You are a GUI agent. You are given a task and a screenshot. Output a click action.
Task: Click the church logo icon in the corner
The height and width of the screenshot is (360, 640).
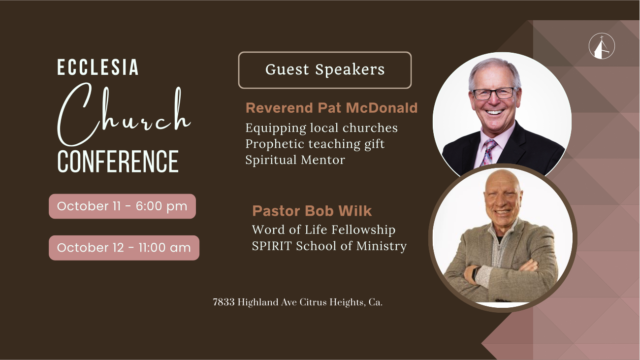(602, 46)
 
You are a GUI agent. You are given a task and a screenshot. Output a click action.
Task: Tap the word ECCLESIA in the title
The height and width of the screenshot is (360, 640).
(97, 67)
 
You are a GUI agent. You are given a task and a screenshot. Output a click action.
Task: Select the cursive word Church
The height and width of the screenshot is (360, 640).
(124, 114)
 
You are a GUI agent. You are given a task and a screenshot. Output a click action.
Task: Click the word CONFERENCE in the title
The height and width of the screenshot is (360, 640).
(118, 162)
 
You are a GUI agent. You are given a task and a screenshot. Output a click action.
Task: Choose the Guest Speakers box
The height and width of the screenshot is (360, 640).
(325, 70)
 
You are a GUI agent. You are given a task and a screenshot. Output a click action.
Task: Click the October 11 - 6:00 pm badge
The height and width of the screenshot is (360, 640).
(122, 206)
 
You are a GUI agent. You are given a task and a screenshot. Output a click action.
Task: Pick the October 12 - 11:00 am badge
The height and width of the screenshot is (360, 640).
(124, 248)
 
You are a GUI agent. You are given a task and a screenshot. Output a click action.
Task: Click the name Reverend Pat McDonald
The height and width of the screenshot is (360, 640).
(331, 108)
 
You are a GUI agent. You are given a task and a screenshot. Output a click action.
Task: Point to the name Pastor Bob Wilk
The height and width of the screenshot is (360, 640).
(312, 211)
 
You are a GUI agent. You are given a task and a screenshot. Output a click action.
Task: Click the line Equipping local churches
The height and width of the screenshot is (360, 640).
(321, 128)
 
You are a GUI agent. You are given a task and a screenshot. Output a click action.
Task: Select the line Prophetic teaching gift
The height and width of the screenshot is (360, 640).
(315, 144)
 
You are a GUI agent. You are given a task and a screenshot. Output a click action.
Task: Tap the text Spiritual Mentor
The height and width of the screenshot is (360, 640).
(295, 160)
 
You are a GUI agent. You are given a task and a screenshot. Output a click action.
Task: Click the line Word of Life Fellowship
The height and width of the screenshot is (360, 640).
(324, 229)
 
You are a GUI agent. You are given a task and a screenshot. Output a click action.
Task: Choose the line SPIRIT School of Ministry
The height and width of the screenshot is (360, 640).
(329, 246)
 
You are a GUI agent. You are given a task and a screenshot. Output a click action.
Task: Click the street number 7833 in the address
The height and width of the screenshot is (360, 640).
(224, 302)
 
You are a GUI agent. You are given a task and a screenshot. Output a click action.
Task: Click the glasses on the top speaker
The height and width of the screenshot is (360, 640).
(494, 94)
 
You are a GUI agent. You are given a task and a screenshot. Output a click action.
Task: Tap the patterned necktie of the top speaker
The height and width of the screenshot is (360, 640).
(488, 153)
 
